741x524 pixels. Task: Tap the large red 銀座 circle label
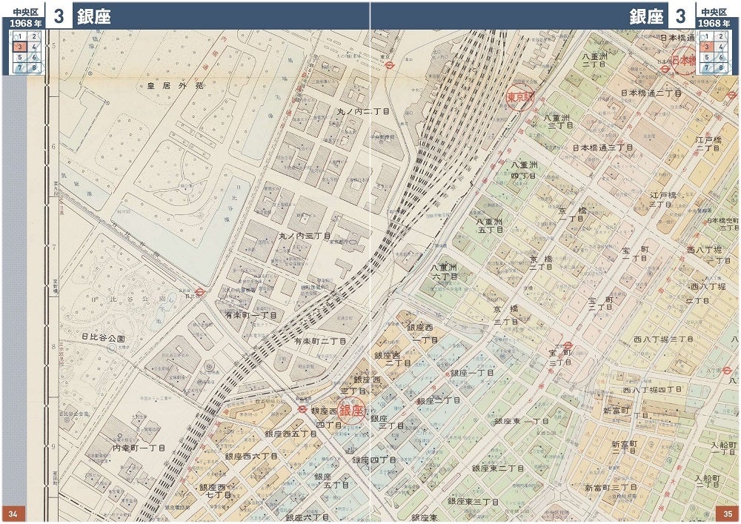tap(352, 411)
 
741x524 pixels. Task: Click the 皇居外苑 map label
tap(175, 86)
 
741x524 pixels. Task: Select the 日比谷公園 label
tap(103, 338)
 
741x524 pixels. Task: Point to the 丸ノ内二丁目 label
tap(363, 111)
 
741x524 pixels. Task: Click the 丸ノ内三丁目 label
tap(305, 236)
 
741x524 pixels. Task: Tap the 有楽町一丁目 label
tap(250, 315)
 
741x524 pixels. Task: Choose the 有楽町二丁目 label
tap(320, 341)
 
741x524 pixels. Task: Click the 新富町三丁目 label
tap(611, 488)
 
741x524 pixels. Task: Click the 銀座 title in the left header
tap(93, 16)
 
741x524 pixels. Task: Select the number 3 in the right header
tap(679, 16)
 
